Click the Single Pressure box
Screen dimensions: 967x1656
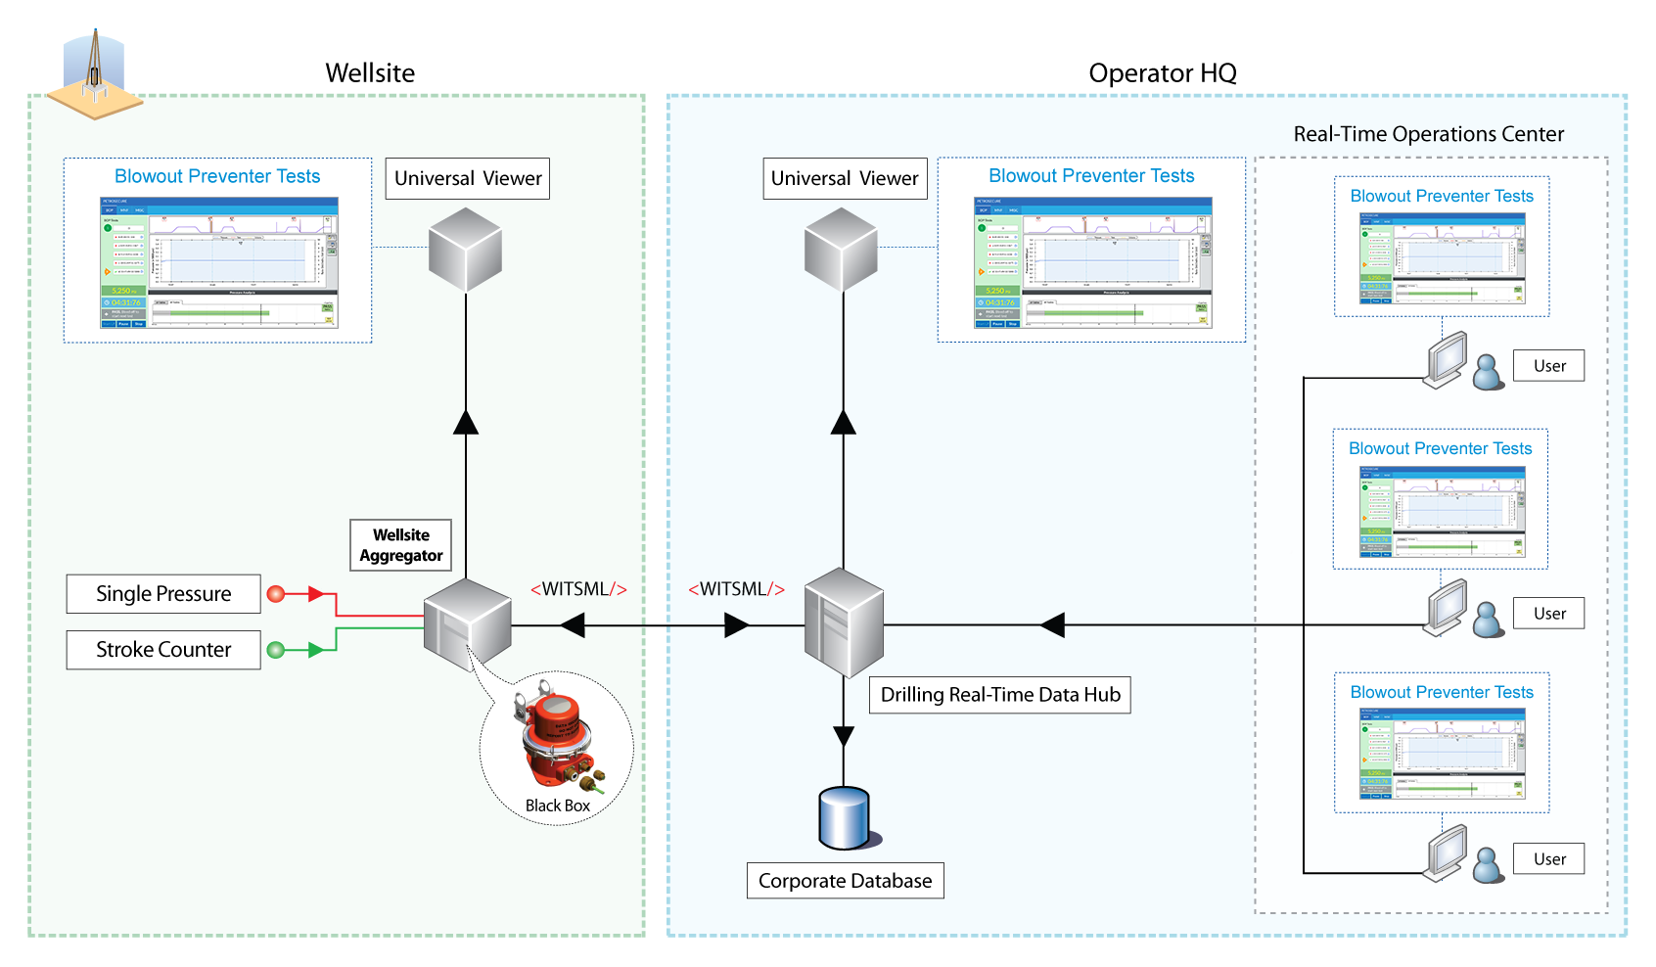tap(163, 594)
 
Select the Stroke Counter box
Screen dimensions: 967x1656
tap(163, 650)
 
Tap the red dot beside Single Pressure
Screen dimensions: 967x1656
tap(276, 594)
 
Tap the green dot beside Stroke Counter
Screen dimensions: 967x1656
tap(276, 650)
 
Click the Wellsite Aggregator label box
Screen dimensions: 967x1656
tap(401, 545)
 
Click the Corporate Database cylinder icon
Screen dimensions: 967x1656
tap(844, 817)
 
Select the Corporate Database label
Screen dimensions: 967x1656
tap(845, 881)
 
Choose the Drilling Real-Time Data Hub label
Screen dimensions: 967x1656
tap(1000, 695)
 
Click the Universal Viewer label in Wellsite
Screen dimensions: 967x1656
tap(468, 179)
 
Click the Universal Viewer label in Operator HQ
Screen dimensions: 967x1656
tap(845, 179)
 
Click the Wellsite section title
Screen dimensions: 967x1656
tap(370, 73)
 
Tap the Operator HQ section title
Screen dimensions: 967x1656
tap(1163, 73)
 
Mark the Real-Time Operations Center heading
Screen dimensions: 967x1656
tap(1428, 134)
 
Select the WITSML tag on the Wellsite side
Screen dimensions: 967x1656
tap(578, 589)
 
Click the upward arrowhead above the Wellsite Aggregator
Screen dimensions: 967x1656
tap(466, 422)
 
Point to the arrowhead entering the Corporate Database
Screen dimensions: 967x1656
tap(844, 736)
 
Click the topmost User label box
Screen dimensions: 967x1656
tap(1549, 366)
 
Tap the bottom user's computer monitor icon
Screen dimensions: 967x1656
tap(1447, 852)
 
